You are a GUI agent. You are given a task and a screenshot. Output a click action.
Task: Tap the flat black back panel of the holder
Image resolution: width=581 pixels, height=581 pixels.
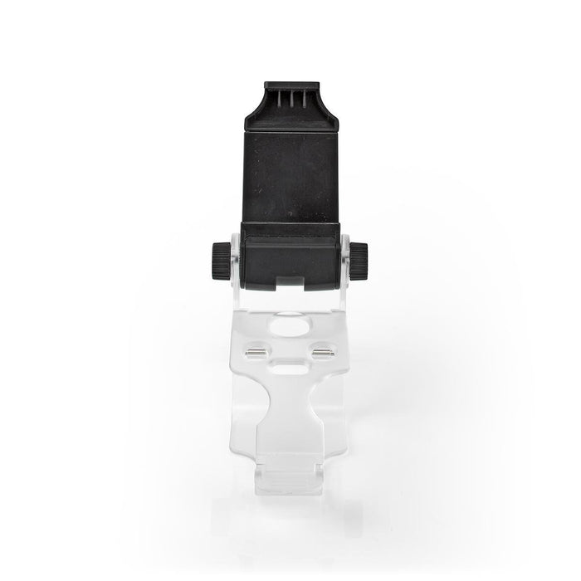pyautogui.click(x=290, y=170)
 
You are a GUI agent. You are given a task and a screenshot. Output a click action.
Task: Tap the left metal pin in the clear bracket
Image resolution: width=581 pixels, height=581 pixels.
pyautogui.click(x=260, y=350)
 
